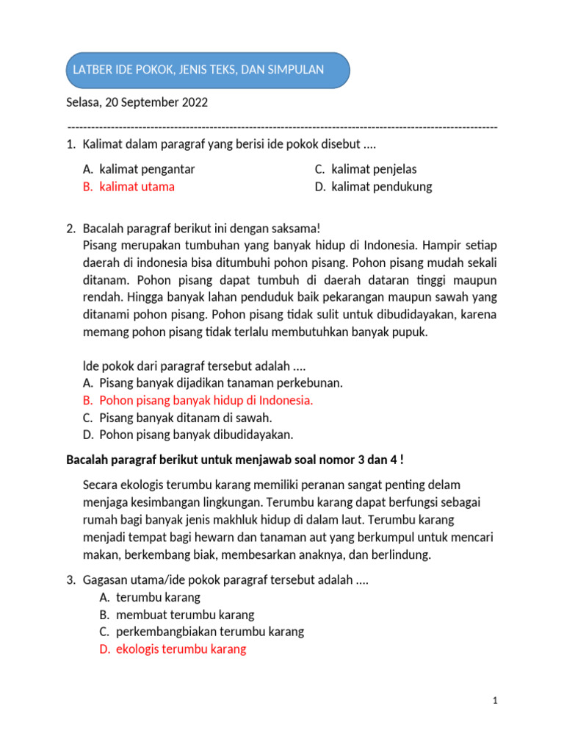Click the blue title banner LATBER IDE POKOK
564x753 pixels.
[x=208, y=71]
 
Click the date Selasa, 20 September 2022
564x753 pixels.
[x=137, y=102]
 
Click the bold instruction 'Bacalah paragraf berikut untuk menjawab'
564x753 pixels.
[x=234, y=460]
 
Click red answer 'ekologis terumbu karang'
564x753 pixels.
[x=181, y=649]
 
